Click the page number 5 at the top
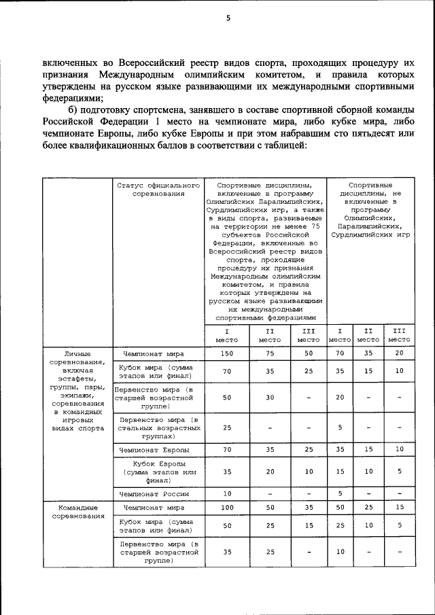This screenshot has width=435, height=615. pos(228,18)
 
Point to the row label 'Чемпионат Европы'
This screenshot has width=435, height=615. pos(157,449)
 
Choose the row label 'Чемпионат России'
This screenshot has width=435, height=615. pos(157,493)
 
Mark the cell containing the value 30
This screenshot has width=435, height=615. pos(269,398)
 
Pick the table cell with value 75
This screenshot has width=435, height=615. pos(269,354)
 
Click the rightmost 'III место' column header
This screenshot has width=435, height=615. pos(399,334)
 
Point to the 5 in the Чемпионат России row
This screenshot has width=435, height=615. pos(339,493)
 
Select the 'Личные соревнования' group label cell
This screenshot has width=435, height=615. pos(77,391)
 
